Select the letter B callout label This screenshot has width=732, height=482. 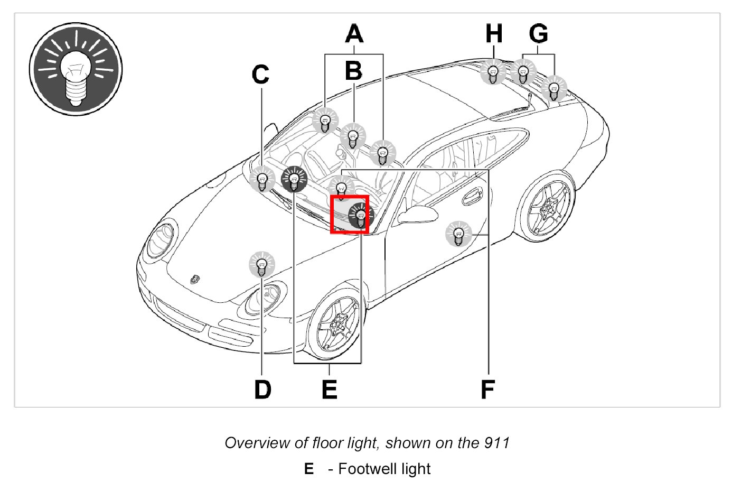coord(354,71)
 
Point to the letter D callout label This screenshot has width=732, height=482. coord(262,390)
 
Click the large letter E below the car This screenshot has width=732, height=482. coord(329,390)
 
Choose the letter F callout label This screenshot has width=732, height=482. coord(487,390)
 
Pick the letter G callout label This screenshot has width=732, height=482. coord(538,34)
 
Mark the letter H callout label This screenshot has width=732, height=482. coord(494,34)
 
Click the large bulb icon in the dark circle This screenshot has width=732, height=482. coord(76,69)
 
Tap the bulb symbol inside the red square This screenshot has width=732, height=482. coord(361,216)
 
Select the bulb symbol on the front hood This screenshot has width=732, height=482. coord(262,264)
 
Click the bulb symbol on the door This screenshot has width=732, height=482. coord(458,234)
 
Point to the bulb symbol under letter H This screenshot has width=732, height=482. coord(493,72)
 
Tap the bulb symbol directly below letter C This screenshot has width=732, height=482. coord(262,179)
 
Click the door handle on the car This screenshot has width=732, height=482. coord(472,197)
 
